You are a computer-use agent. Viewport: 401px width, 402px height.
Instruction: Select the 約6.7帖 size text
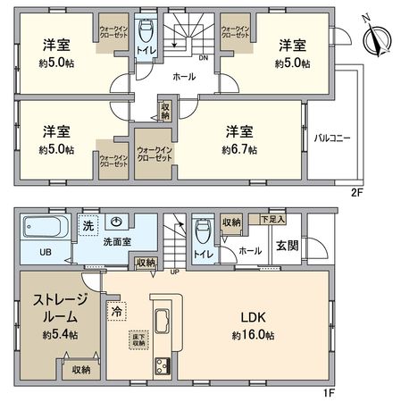[x=240, y=149]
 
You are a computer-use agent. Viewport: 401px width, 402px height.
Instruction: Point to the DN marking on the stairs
[x=204, y=58]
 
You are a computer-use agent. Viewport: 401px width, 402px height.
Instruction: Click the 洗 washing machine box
[x=87, y=226]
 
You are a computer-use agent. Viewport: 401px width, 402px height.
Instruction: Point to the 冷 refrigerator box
[x=115, y=312]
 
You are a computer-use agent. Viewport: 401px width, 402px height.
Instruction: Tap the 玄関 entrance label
[x=288, y=246]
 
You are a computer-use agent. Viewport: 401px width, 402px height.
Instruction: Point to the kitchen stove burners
[x=163, y=365]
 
